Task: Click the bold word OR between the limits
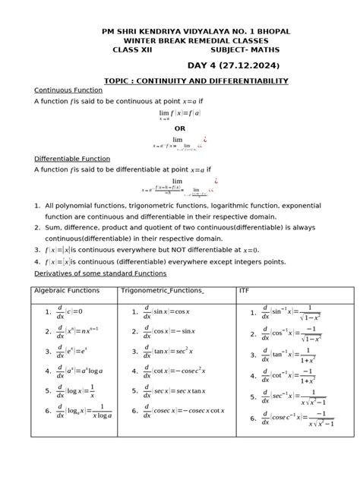coord(180,128)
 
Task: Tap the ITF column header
coord(244,290)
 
